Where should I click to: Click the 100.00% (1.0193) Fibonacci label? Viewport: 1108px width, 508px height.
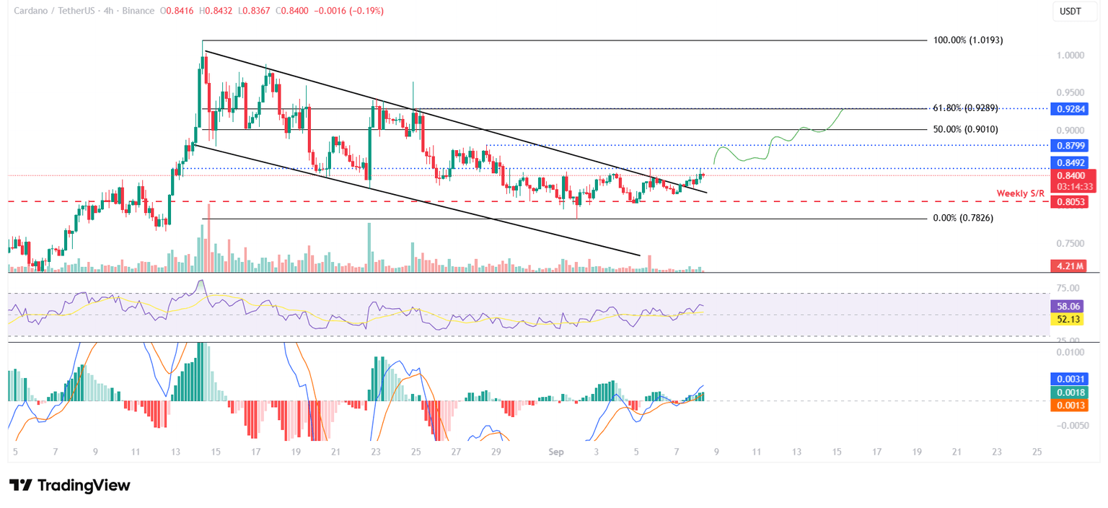click(968, 40)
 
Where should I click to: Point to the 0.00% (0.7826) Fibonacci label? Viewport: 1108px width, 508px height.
click(963, 218)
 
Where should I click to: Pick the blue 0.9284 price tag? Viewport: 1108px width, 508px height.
click(1073, 109)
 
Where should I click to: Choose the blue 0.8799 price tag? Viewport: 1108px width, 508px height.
click(1073, 145)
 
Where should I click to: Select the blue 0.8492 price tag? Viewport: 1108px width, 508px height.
click(1073, 162)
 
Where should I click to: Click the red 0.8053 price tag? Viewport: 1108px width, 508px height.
click(1073, 203)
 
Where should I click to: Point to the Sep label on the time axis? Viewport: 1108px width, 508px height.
click(555, 452)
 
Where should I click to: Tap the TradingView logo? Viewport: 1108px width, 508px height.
click(70, 485)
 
